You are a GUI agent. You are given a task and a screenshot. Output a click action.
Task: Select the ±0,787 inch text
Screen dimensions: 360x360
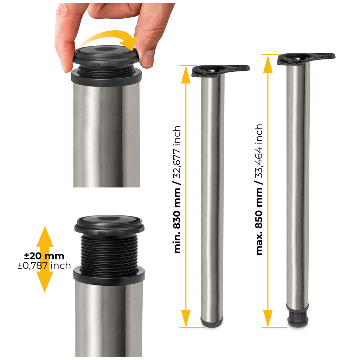(44, 265)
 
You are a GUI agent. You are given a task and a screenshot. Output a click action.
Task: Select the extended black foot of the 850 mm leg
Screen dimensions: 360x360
(298, 317)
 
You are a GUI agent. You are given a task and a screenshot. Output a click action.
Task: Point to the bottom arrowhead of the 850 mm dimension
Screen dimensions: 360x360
(268, 319)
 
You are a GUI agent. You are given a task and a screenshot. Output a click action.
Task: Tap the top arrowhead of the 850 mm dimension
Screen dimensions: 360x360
(268, 64)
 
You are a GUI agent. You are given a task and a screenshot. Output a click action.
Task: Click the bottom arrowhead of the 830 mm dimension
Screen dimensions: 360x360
(186, 319)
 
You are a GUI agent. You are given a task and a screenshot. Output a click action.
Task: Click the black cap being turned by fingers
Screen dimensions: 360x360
(105, 56)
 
